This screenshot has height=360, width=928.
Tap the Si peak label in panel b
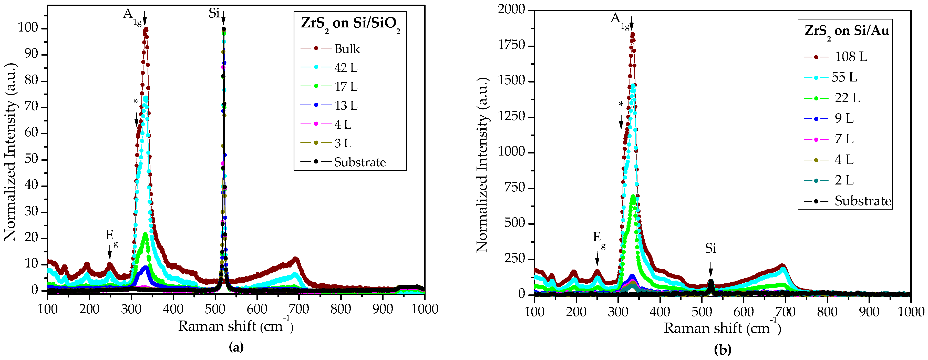pos(710,248)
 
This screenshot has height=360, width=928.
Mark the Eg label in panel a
pos(111,236)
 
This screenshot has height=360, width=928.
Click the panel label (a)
pos(236,347)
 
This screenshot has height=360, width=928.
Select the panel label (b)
pos(722,349)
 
